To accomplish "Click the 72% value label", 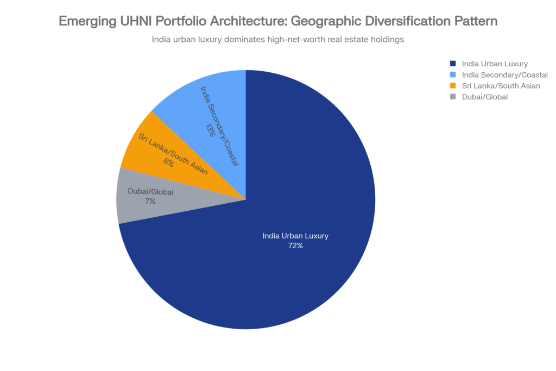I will tap(295, 246).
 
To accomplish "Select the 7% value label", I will tap(150, 201).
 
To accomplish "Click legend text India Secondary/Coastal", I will tap(504, 74).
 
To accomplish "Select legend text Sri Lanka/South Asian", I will tap(501, 85).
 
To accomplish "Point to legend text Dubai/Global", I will tap(484, 97).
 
